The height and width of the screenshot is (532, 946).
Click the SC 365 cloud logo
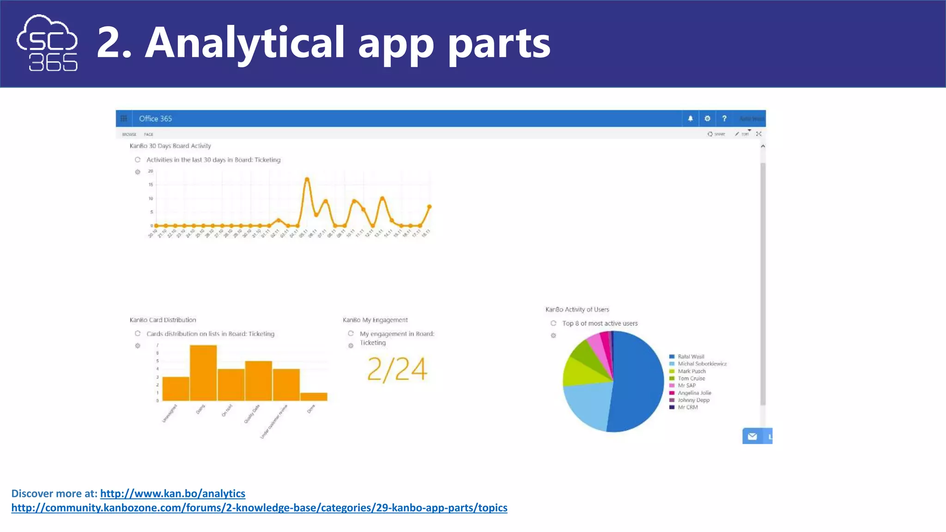[47, 43]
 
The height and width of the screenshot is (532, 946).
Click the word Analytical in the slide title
[245, 42]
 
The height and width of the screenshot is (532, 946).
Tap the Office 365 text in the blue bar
[155, 119]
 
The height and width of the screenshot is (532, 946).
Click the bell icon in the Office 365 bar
[691, 119]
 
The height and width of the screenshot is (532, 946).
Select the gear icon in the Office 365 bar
[707, 119]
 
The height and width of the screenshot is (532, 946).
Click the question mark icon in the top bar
[724, 119]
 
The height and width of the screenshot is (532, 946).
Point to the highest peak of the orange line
[307, 179]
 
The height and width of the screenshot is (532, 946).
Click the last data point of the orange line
[430, 206]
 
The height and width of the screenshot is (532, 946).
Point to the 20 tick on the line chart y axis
[151, 171]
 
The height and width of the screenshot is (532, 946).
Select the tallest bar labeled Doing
[203, 373]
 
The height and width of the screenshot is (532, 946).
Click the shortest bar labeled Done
[314, 397]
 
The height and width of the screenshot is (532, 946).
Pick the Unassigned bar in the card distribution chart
[176, 389]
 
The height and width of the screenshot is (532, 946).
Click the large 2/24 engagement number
[397, 370]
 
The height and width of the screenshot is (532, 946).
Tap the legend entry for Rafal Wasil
[690, 357]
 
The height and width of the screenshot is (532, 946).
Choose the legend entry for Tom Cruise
[691, 378]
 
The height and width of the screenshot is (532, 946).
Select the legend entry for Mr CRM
[687, 407]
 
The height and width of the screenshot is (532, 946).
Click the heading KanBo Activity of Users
[577, 309]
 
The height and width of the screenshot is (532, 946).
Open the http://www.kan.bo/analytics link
[172, 494]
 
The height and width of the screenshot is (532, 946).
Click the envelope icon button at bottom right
[752, 436]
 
